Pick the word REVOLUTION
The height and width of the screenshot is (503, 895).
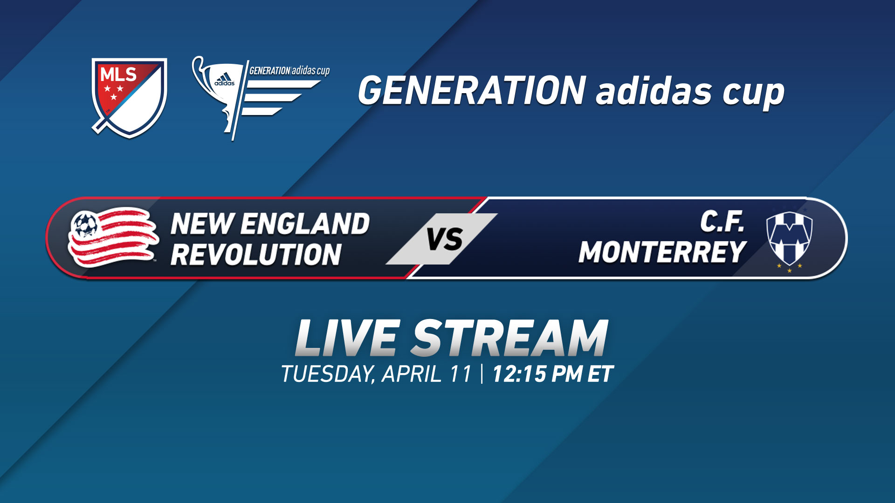(256, 254)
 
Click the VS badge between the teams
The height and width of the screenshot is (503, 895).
(443, 239)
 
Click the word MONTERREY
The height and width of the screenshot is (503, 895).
(662, 252)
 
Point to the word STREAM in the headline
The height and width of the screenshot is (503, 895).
(509, 339)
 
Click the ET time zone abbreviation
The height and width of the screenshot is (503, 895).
(600, 374)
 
